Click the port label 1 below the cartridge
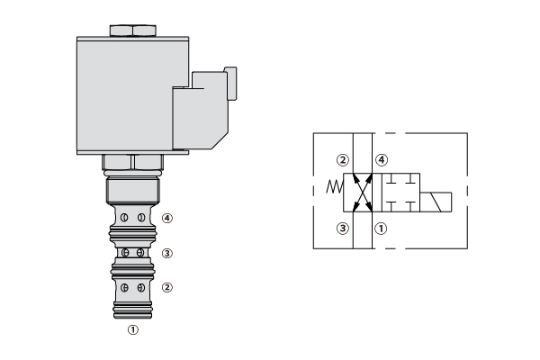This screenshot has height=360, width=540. point(133,329)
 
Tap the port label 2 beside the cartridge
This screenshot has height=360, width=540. point(167,287)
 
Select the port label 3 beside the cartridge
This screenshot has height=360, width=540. point(167,253)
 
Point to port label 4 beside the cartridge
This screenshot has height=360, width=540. point(167,218)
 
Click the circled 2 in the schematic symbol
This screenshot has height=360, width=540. point(343,160)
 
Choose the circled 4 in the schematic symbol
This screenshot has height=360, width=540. point(382,160)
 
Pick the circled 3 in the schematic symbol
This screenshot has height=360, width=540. point(343,229)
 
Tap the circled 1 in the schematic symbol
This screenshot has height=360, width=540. point(381,229)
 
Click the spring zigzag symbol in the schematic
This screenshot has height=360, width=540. point(335,186)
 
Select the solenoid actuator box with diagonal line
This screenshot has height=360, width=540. point(436,202)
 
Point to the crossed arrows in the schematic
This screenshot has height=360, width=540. point(363,193)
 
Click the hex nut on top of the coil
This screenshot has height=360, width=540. point(133,31)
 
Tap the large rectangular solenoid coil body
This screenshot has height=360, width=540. point(132,95)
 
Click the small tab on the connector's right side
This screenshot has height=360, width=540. point(231,84)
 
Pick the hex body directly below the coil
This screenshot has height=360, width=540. point(132,162)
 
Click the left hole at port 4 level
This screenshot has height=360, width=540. point(124,218)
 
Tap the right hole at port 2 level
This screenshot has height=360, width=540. point(141,288)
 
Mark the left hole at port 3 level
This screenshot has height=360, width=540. point(126,253)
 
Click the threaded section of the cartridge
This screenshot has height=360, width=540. point(132,191)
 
